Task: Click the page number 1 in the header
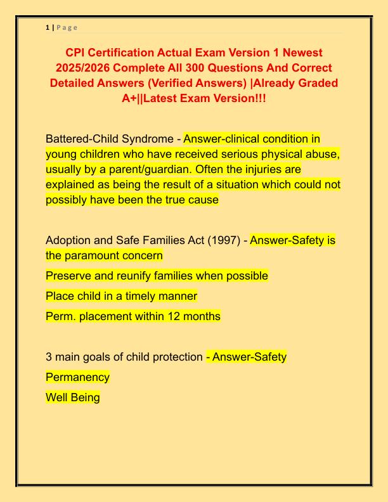point(47,27)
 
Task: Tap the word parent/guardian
point(172,169)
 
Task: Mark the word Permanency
point(77,377)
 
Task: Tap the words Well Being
point(72,397)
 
